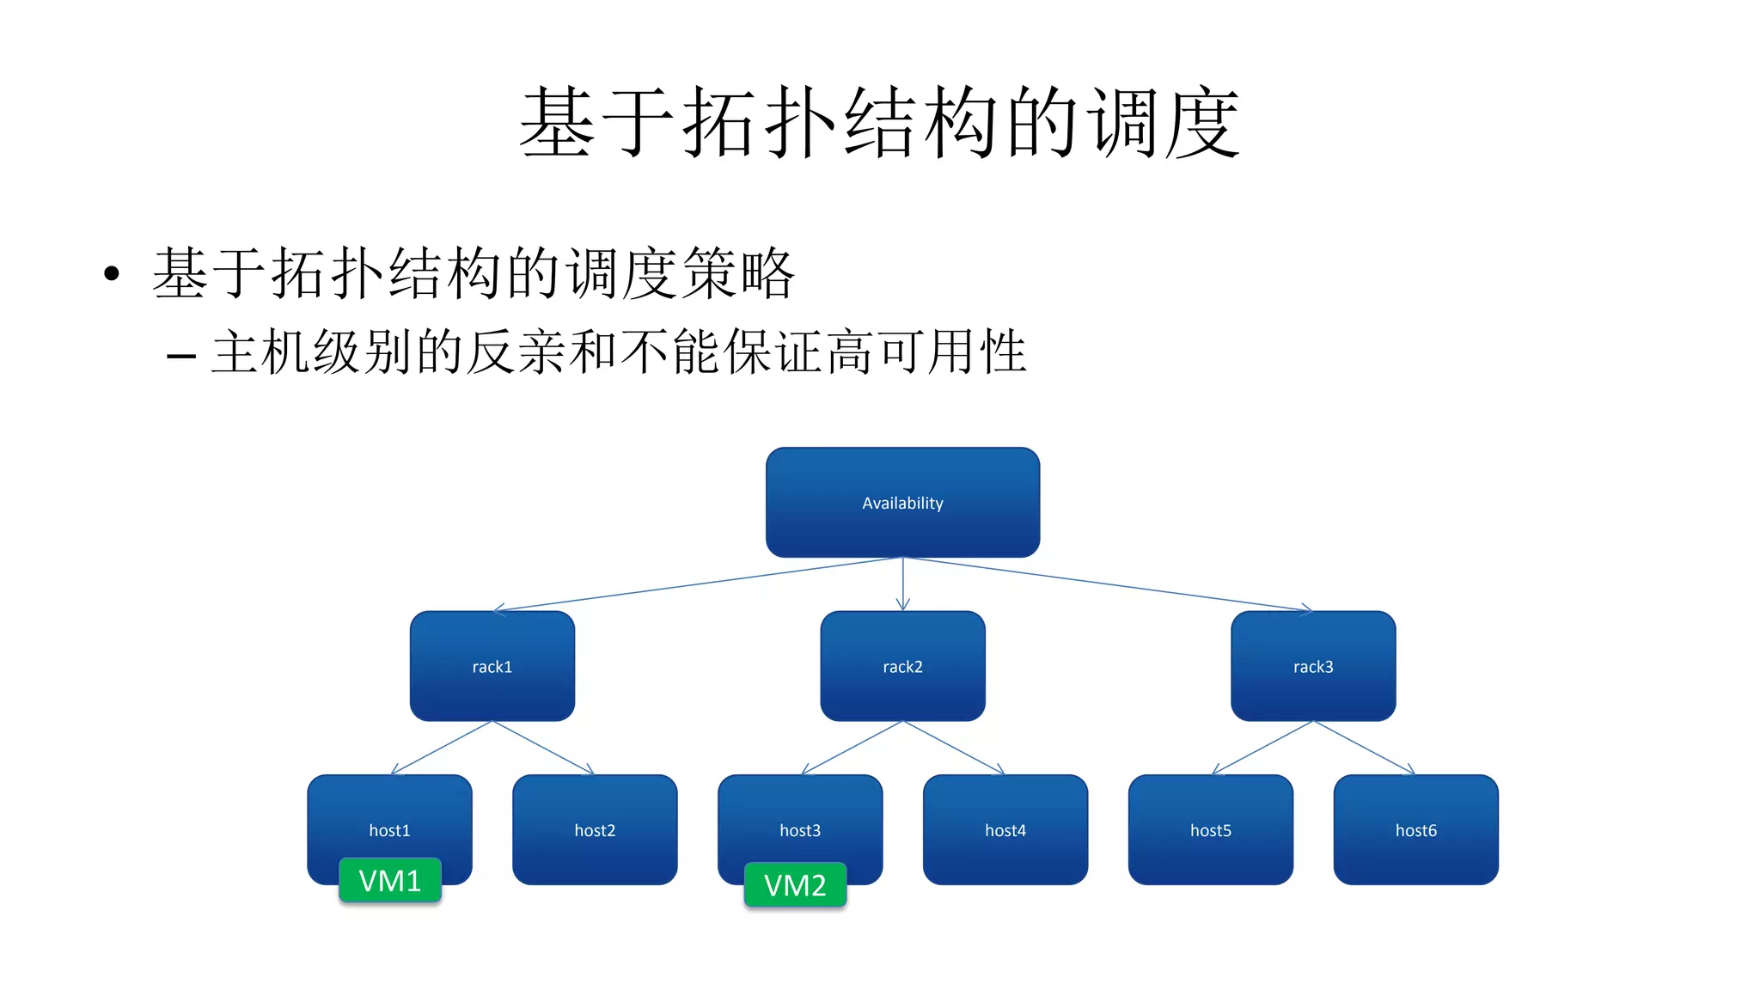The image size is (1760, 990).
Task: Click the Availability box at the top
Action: (x=902, y=502)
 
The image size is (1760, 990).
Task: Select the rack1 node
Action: (x=492, y=666)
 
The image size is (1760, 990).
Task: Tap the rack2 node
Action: (x=902, y=666)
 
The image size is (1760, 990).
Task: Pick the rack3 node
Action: (x=1313, y=666)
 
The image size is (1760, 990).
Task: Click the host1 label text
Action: (x=389, y=830)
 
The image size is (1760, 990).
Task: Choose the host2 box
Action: (x=595, y=830)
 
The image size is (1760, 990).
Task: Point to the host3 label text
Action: (x=800, y=830)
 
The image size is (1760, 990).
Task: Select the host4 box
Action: (x=1005, y=830)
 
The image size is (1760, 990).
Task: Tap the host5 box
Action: (x=1210, y=830)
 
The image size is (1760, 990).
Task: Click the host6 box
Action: (x=1415, y=830)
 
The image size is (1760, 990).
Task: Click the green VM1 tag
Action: (x=390, y=881)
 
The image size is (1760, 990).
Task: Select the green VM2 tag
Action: (x=795, y=885)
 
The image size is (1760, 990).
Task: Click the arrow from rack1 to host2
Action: (x=543, y=748)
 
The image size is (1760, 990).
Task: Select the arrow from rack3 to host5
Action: (x=1262, y=748)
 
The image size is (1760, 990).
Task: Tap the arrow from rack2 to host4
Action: (x=954, y=748)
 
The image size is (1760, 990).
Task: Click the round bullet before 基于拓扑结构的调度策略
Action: (x=111, y=274)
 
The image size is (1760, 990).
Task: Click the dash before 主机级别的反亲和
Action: (x=181, y=354)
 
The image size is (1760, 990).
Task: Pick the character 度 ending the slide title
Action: (x=1201, y=122)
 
